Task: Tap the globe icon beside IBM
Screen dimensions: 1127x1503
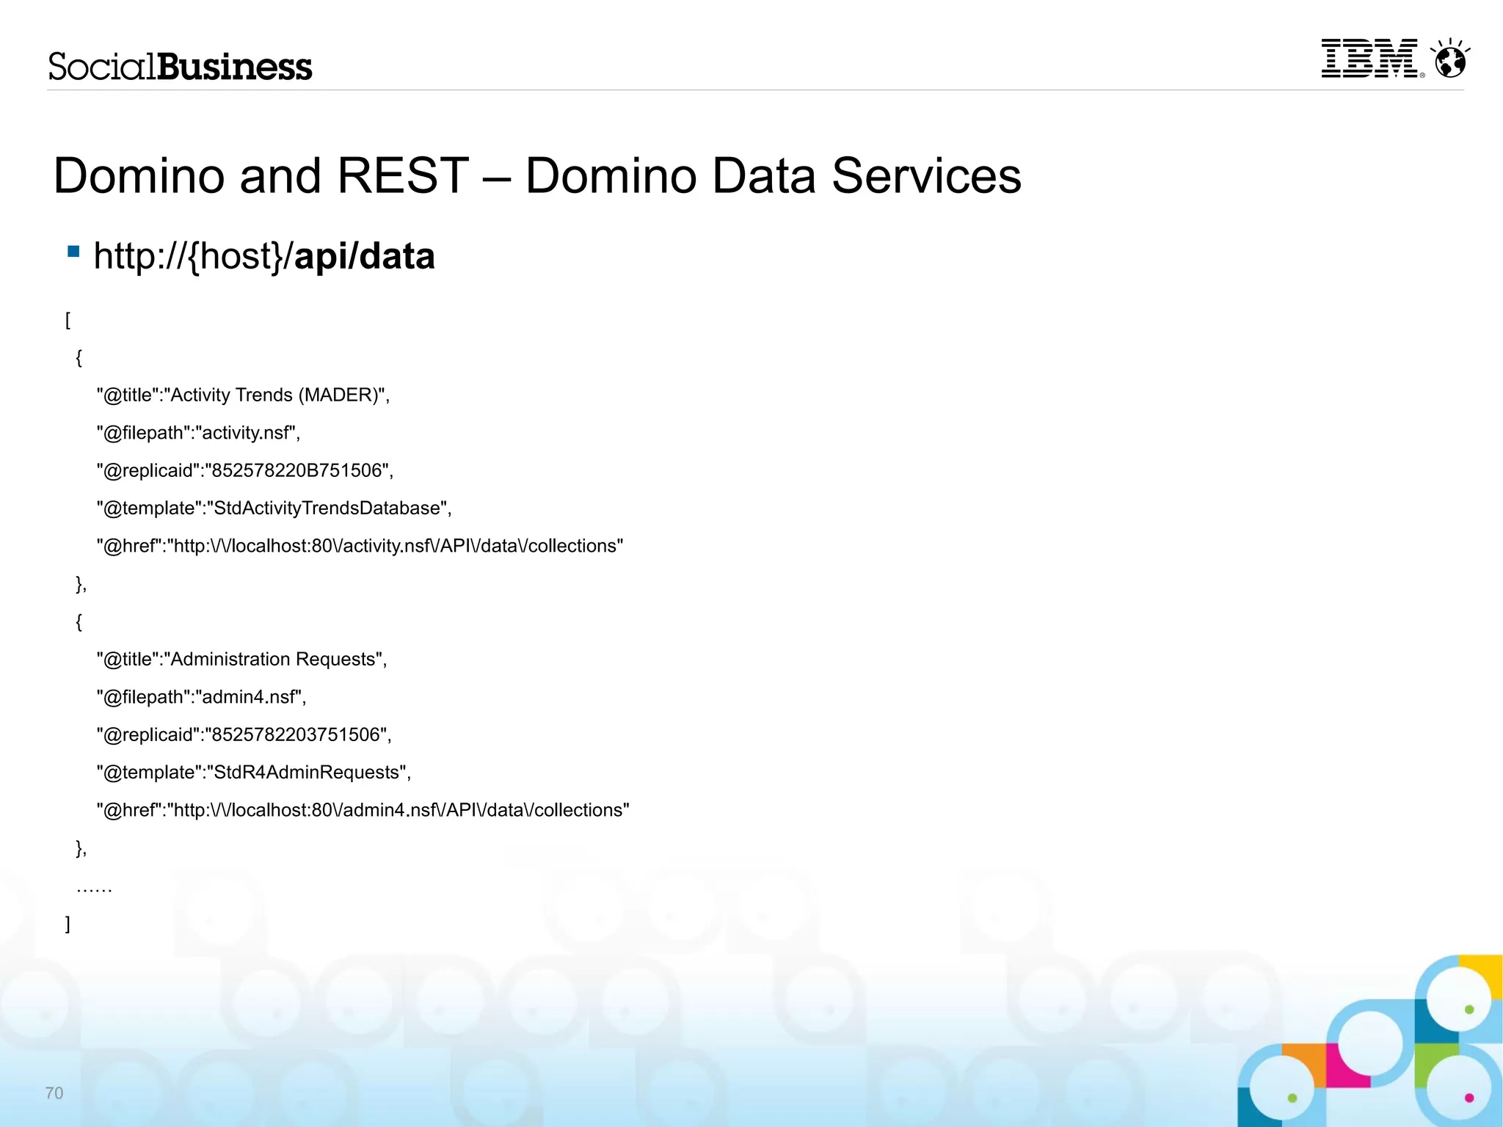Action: point(1451,60)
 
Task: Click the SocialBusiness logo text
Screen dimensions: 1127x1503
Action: point(181,67)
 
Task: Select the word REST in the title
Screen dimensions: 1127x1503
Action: point(403,176)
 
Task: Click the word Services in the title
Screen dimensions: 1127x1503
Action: point(926,176)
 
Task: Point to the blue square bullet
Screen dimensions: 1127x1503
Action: point(73,252)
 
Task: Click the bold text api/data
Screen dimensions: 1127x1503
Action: point(364,256)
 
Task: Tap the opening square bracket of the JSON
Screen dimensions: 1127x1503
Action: point(68,320)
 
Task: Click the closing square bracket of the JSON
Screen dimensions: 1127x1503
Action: point(68,924)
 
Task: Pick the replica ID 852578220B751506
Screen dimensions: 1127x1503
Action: point(297,470)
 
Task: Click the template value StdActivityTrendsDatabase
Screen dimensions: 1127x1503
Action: point(327,508)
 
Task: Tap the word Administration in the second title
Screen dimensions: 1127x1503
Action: point(230,660)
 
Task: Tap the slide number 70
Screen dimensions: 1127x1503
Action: point(54,1093)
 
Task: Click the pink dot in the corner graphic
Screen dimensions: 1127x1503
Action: point(1469,1098)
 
